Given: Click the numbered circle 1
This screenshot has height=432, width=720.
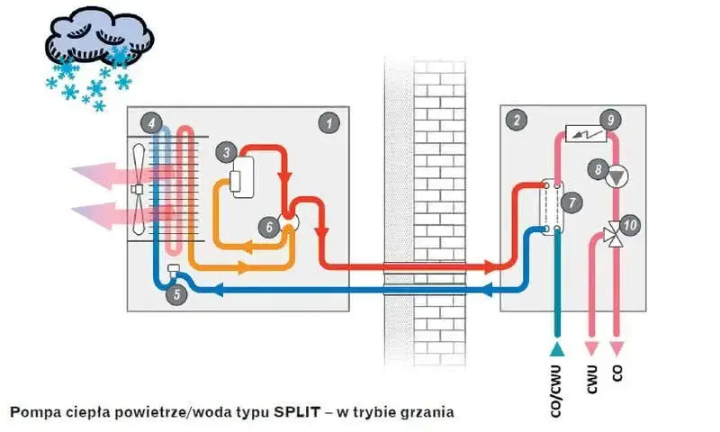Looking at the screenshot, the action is [329, 122].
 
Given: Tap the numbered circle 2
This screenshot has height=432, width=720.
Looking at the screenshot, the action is [517, 121].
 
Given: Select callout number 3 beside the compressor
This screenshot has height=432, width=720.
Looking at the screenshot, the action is [227, 152].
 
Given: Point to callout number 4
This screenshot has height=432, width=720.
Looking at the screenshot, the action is [152, 122].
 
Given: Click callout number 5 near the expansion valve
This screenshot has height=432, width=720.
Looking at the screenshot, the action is [176, 293].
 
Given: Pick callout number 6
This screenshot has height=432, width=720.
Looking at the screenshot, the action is [269, 227].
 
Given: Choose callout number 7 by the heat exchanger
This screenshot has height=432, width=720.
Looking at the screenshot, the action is [572, 202].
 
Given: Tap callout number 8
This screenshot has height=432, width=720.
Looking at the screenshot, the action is [598, 169].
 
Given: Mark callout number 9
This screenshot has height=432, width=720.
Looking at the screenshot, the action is [611, 120].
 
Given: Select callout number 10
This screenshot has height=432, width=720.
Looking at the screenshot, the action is [630, 225].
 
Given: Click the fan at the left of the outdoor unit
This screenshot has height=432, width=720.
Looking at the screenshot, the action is [138, 189].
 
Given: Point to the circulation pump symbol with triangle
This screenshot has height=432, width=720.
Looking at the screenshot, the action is [616, 176].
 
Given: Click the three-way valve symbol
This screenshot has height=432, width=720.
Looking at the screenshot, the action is [615, 234].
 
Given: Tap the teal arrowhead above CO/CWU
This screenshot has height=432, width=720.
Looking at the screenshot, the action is [557, 349].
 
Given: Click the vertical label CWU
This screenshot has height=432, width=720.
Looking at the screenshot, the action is [592, 379].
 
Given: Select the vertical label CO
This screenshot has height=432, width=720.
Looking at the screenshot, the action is [617, 373].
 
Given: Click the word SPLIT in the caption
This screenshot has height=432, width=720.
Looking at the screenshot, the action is [297, 411].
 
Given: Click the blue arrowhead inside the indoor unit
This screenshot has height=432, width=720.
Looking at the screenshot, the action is [487, 290].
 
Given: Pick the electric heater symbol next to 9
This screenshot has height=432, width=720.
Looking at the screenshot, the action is [586, 133].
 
